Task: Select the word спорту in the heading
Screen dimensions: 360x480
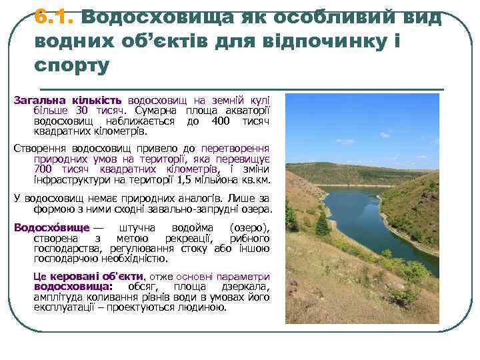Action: click(x=71, y=66)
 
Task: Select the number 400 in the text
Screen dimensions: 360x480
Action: click(x=219, y=121)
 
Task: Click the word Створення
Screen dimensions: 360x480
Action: click(x=39, y=148)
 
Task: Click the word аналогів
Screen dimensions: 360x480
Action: click(x=194, y=198)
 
